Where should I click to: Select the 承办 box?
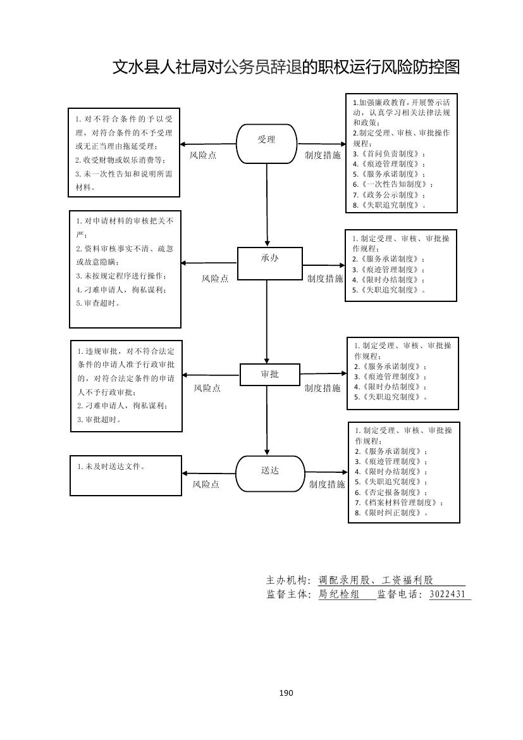(269, 263)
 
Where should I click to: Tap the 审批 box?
(269, 374)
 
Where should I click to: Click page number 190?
(286, 693)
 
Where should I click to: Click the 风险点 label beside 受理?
(202, 155)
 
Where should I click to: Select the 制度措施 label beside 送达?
(327, 484)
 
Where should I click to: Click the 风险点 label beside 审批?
(207, 388)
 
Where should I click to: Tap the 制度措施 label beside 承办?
(325, 278)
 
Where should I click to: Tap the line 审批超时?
(99, 419)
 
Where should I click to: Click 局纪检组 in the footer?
(338, 594)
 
